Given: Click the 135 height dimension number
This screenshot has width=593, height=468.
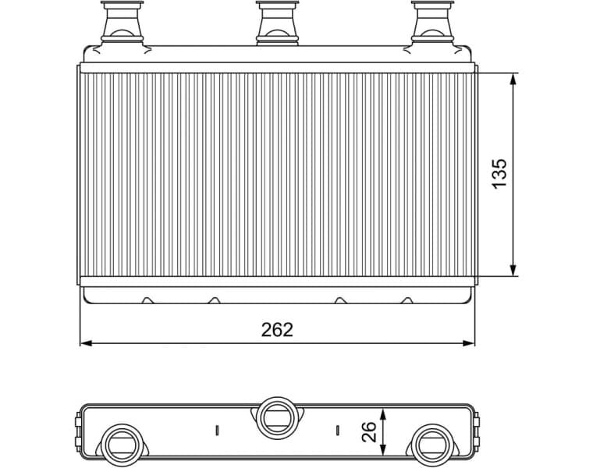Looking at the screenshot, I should click(x=499, y=173).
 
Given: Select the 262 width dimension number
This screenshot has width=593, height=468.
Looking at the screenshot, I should click(x=277, y=330).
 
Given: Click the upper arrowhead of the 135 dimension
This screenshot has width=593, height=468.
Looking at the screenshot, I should click(x=513, y=79).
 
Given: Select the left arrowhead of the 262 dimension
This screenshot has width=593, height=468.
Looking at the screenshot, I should click(x=87, y=342).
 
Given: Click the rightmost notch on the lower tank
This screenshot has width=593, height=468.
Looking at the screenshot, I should click(x=407, y=300).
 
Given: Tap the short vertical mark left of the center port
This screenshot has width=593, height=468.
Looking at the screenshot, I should click(x=217, y=429).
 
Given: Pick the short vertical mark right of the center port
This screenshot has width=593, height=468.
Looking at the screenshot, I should click(x=337, y=429).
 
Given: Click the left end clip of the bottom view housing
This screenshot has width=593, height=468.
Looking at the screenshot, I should click(x=78, y=425).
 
